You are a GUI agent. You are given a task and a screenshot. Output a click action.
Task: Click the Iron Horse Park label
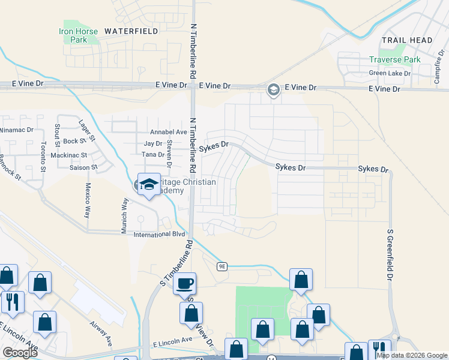(x=74, y=35)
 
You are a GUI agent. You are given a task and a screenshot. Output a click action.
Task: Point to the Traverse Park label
(x=395, y=60)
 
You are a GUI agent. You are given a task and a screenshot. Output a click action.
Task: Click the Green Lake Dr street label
(x=390, y=73)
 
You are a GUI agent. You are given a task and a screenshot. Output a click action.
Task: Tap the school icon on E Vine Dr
(x=273, y=89)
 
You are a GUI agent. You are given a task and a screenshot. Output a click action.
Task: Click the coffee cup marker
(x=185, y=283)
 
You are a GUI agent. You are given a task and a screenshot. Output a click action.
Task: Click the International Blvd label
(x=159, y=235)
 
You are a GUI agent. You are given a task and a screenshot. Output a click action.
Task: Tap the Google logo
(x=20, y=352)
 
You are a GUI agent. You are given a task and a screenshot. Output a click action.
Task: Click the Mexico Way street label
(x=88, y=200)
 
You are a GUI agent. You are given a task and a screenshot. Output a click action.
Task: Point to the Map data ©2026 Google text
(x=412, y=355)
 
